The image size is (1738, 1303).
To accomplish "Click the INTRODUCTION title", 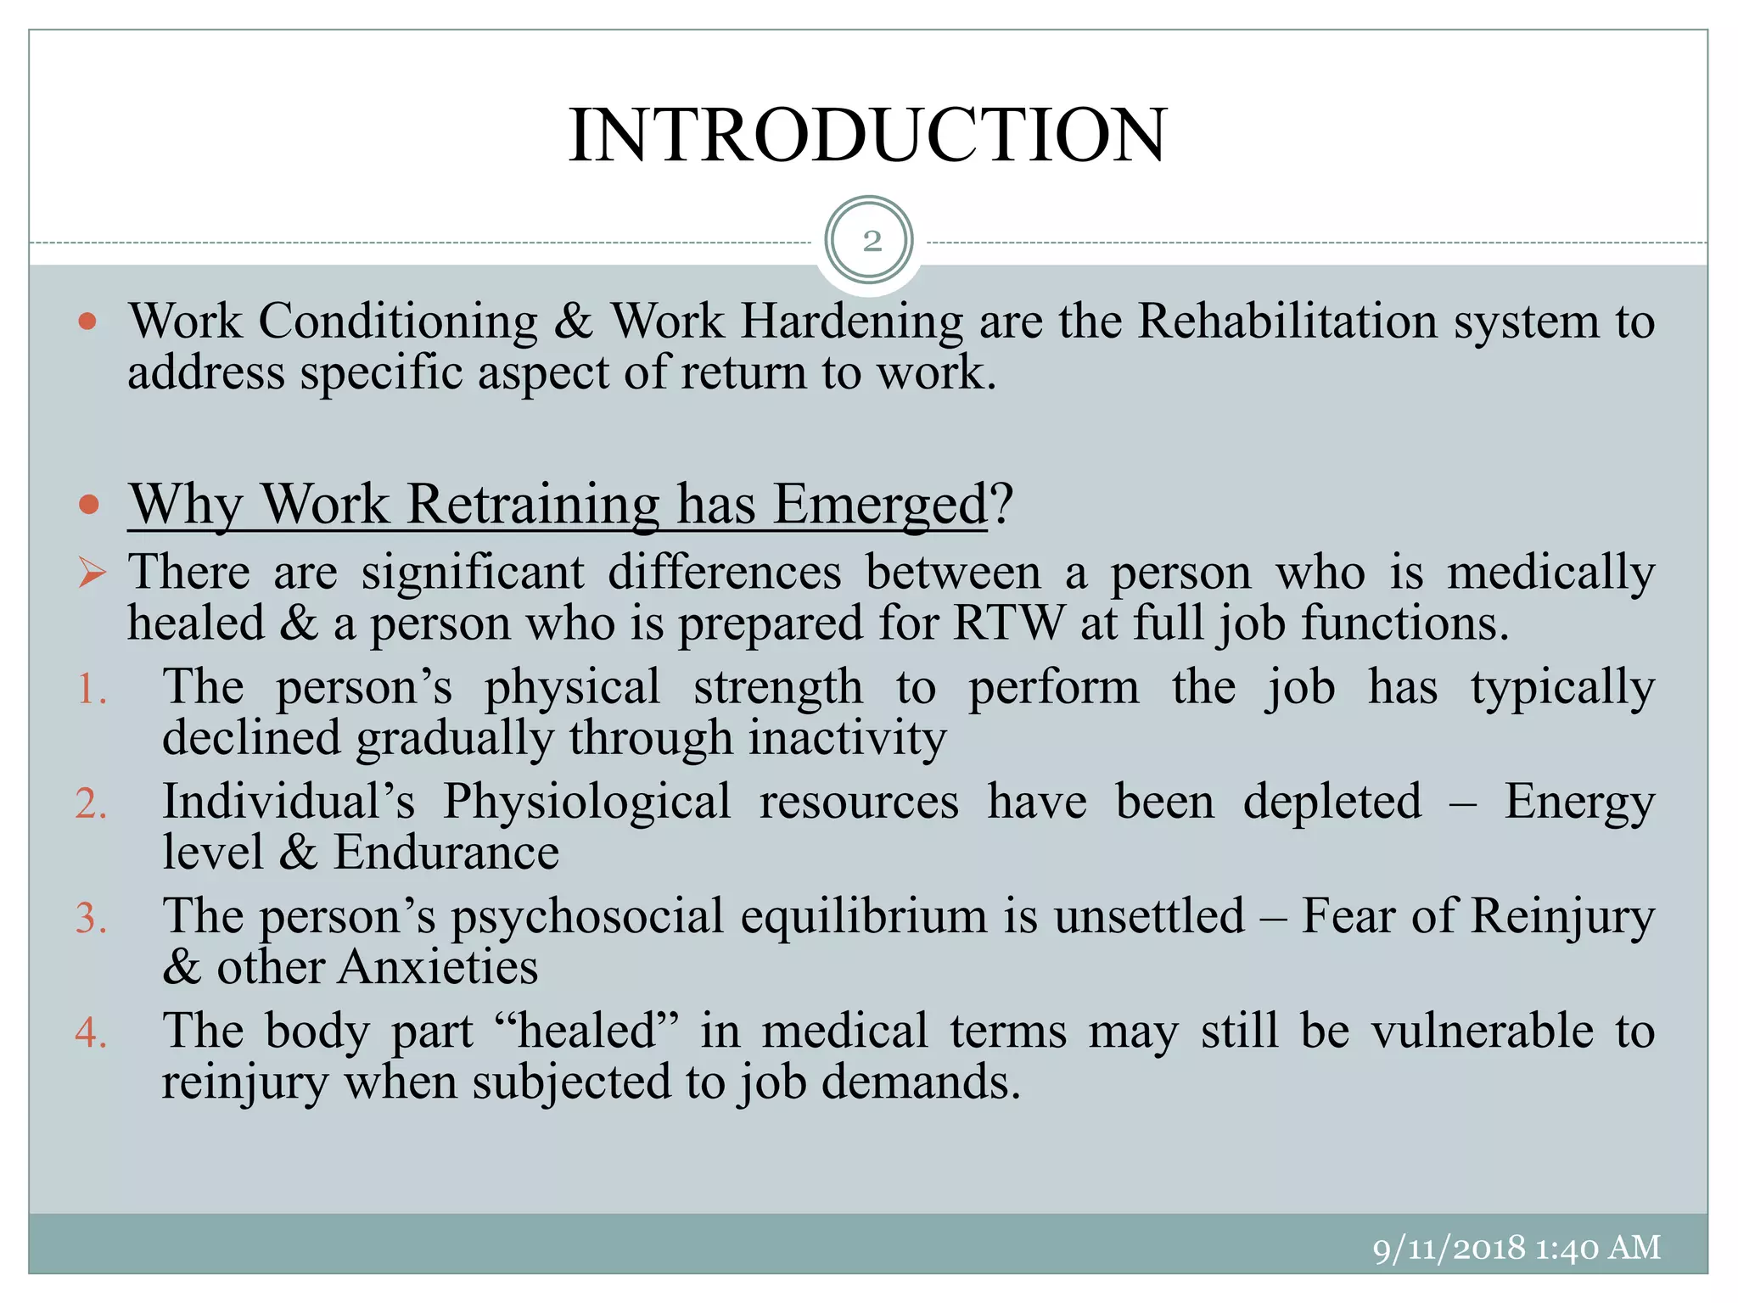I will [x=868, y=136].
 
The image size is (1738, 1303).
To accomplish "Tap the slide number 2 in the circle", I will [x=872, y=242].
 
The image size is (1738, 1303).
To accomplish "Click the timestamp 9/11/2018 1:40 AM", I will [x=1517, y=1248].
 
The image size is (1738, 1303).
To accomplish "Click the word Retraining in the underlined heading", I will [x=533, y=505].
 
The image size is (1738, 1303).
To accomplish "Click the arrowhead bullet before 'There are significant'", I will [x=92, y=573].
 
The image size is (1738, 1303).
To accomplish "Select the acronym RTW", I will [x=1007, y=624].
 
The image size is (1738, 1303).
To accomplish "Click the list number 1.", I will [x=91, y=689].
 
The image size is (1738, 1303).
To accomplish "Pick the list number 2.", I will [x=91, y=803].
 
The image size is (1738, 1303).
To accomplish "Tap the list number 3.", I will [x=91, y=918].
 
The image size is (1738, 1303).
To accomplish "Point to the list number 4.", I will [x=91, y=1032].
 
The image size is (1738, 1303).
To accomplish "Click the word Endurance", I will [x=446, y=853].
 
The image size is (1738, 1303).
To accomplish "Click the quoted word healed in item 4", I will [x=586, y=1032].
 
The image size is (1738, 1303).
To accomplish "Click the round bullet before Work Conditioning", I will [x=88, y=322].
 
